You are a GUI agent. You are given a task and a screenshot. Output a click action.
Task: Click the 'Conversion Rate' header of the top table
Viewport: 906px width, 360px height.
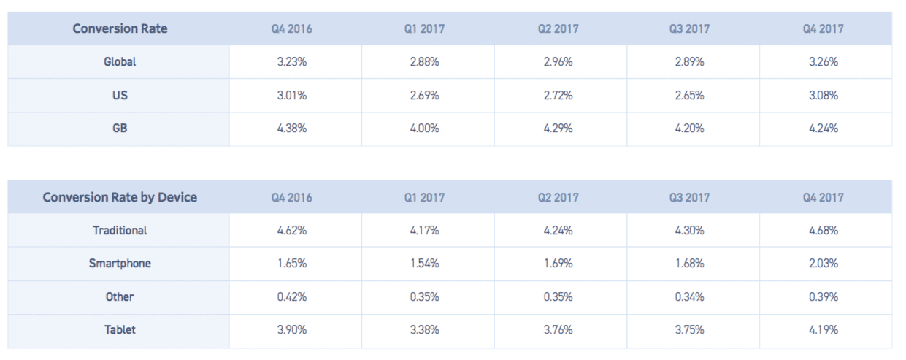(x=120, y=29)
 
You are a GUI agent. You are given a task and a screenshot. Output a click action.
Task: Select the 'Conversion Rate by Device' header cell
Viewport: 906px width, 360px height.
(x=120, y=197)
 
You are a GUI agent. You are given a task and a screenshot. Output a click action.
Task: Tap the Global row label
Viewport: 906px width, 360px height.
(x=120, y=62)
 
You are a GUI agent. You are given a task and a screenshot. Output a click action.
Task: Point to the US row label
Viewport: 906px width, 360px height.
(x=120, y=96)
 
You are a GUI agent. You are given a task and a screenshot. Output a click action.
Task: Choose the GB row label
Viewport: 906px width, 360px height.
(x=120, y=129)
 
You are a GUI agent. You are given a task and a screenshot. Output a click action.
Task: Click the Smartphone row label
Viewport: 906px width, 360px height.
(x=120, y=264)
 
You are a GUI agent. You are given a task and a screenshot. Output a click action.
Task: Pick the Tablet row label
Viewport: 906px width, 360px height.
(x=120, y=330)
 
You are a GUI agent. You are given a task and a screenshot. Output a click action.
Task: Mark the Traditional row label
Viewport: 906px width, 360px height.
(x=120, y=230)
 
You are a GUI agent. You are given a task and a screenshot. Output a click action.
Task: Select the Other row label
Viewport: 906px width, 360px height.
(x=120, y=297)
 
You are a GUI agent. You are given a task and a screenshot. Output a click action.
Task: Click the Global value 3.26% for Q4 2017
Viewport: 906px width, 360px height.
(x=824, y=62)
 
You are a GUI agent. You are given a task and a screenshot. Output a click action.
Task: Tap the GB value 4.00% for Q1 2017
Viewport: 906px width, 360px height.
(x=425, y=129)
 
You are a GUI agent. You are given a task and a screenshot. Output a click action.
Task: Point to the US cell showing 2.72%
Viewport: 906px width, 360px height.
(x=558, y=96)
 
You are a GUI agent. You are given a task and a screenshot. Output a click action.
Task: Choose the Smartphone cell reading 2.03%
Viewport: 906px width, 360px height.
(x=824, y=264)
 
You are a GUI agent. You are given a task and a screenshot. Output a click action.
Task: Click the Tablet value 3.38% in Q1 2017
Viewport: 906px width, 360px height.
(x=425, y=330)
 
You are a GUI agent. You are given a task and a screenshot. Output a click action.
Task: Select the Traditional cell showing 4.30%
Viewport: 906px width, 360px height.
(x=690, y=230)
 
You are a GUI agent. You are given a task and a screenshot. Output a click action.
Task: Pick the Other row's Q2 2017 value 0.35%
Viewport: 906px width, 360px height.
(x=558, y=297)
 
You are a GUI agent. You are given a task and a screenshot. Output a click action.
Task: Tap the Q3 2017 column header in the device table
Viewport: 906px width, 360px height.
(x=690, y=197)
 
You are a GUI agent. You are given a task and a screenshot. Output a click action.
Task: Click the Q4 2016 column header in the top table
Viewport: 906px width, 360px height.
(x=292, y=29)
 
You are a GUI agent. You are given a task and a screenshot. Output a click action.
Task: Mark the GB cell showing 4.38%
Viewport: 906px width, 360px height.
(x=292, y=129)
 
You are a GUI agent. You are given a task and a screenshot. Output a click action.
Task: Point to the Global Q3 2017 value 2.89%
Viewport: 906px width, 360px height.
(x=690, y=62)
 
